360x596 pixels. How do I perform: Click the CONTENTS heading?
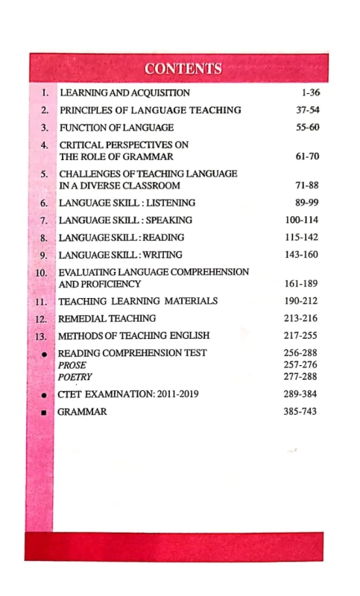click(x=183, y=69)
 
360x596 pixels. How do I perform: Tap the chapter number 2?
click(x=44, y=110)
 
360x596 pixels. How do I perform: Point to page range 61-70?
click(x=302, y=156)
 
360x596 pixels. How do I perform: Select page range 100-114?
click(x=298, y=220)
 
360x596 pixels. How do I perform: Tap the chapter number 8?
click(x=44, y=238)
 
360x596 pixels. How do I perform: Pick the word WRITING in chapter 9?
click(x=168, y=255)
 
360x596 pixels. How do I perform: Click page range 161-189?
click(x=298, y=284)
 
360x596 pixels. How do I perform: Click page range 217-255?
click(x=298, y=335)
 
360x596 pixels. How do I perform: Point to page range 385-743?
click(x=298, y=411)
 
